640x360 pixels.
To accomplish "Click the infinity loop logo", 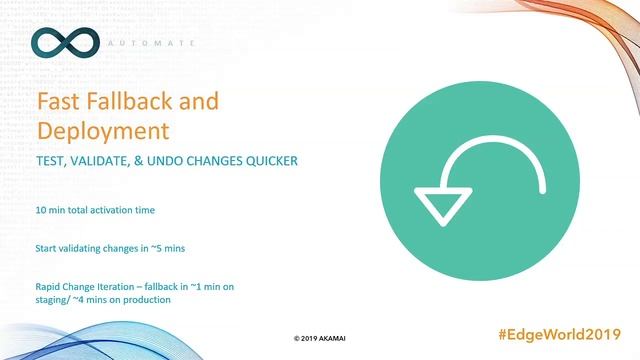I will tap(65, 42).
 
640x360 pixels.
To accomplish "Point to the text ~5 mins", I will tap(155, 245).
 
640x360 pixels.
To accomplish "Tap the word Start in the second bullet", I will tap(46, 245).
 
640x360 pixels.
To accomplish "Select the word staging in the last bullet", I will tap(53, 300).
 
